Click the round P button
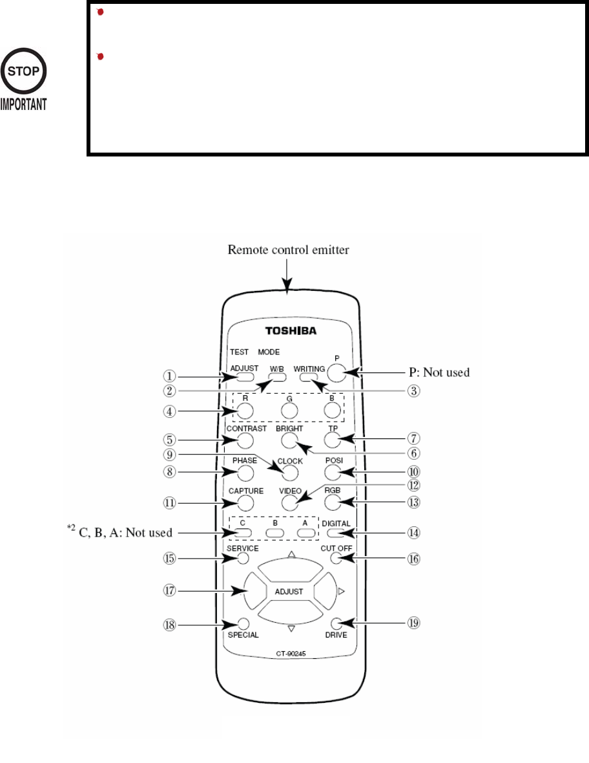(337, 372)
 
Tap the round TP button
(332, 440)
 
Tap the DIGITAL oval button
(335, 533)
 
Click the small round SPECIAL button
(243, 624)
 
